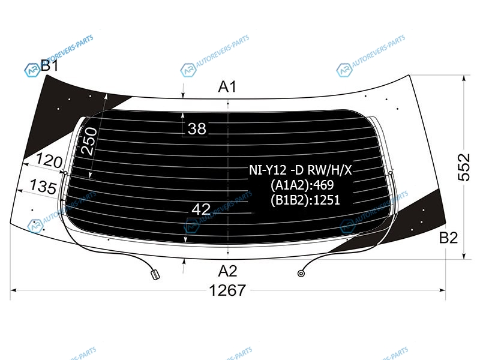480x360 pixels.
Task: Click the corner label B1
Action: click(50, 65)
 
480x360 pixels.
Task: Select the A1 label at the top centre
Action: click(227, 86)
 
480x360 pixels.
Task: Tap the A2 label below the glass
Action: click(227, 271)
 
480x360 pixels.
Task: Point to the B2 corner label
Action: click(448, 238)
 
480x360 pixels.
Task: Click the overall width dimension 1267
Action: click(227, 290)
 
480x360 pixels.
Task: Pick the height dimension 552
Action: click(464, 167)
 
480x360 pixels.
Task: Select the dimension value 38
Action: click(197, 128)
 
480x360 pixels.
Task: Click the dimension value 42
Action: click(201, 209)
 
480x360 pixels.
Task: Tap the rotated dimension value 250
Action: click(89, 141)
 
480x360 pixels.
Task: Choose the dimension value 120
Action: click(49, 160)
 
